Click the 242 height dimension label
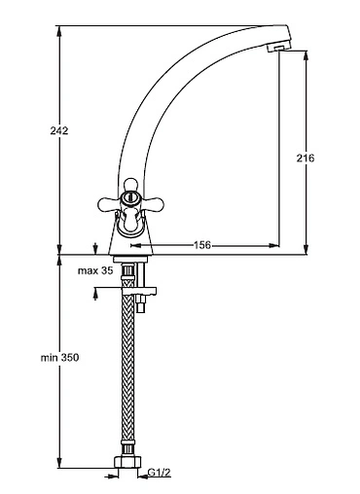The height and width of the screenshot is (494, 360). click(x=59, y=130)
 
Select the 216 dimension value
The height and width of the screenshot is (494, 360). click(x=306, y=159)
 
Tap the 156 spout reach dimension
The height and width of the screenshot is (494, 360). click(x=202, y=245)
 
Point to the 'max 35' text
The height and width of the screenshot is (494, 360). click(x=95, y=270)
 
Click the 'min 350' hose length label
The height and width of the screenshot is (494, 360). click(x=59, y=358)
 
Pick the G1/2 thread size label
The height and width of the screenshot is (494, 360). click(x=159, y=473)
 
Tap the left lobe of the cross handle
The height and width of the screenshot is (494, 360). click(x=108, y=203)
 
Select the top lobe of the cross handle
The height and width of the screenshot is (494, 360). click(x=130, y=185)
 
